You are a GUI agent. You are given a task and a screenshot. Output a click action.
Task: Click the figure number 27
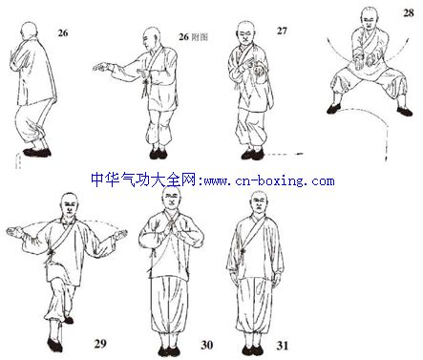point(282,31)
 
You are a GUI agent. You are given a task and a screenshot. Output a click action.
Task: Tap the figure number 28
point(409,13)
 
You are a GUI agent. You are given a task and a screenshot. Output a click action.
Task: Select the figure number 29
point(100,344)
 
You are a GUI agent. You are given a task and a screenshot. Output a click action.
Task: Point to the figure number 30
point(207,345)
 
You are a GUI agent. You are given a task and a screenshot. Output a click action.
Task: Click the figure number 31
point(283,346)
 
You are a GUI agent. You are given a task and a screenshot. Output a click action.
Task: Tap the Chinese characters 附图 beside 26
point(200,37)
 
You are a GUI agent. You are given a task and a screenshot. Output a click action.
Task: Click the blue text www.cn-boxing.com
point(269,180)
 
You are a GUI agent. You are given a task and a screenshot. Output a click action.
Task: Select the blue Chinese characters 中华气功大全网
point(145,180)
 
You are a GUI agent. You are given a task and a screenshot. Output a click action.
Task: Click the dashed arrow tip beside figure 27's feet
point(301,154)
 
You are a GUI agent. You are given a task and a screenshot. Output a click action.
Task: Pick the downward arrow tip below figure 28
point(387,159)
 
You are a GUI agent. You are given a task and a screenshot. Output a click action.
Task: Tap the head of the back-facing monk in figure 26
point(30,31)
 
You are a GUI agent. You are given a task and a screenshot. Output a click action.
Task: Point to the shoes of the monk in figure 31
point(252,350)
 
